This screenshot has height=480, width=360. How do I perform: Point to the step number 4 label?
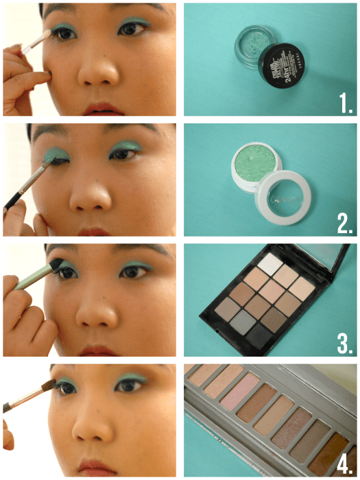click(x=341, y=460)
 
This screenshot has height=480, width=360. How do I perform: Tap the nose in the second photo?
click(x=93, y=195)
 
